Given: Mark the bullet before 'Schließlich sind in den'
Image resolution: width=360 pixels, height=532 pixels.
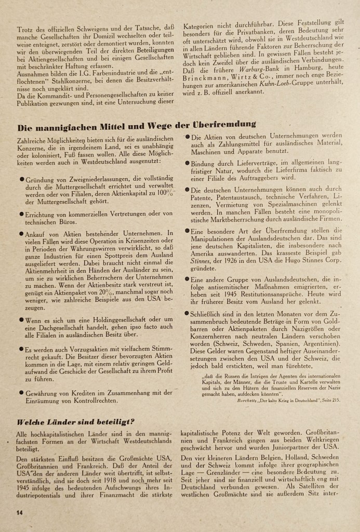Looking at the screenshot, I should coord(186,313).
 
